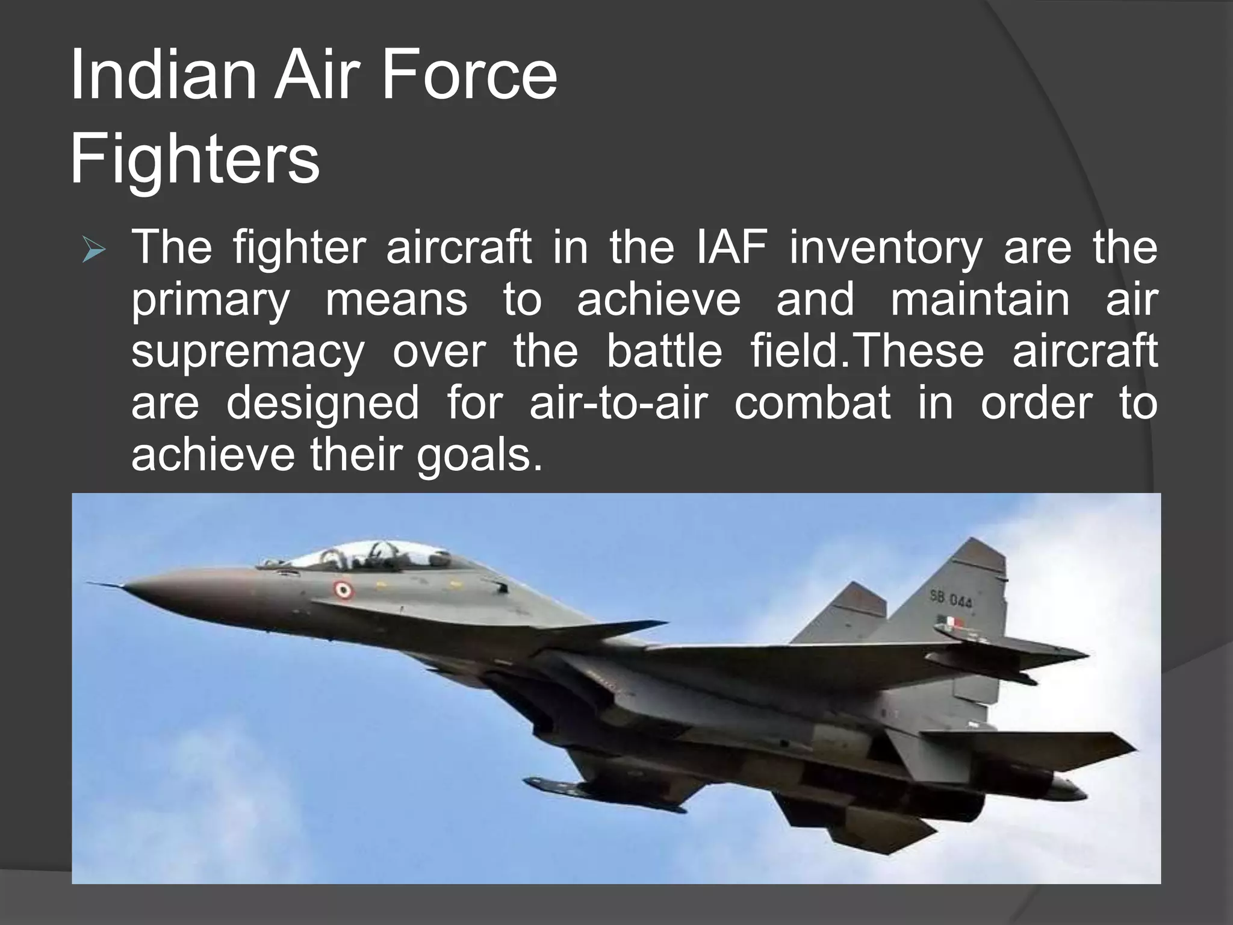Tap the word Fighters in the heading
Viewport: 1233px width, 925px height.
(x=194, y=160)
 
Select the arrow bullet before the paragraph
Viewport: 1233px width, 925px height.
(x=95, y=254)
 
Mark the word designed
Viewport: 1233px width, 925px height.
(x=322, y=403)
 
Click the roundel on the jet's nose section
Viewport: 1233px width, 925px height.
(x=343, y=590)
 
